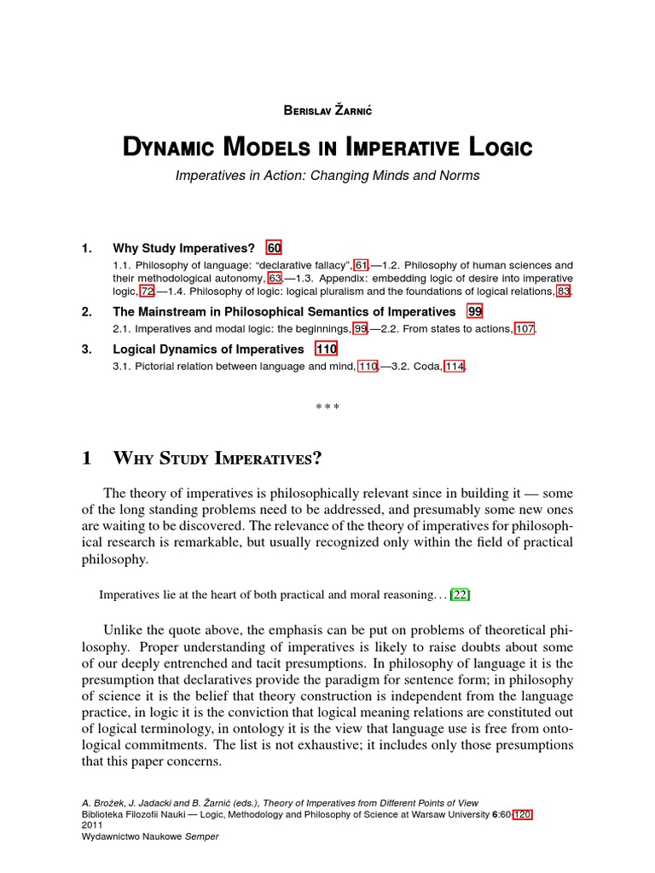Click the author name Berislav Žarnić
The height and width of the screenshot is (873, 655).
tap(327, 111)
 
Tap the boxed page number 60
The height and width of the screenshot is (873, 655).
tap(274, 248)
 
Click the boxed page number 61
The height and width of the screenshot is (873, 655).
tap(361, 265)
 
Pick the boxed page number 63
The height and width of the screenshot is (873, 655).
tap(275, 278)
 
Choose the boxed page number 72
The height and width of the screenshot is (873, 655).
tap(148, 291)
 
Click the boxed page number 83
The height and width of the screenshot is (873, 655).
tap(563, 291)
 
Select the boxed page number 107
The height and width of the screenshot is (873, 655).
tap(524, 328)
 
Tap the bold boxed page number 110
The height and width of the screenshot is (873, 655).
tap(327, 349)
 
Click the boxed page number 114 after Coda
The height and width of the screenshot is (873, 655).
tap(455, 366)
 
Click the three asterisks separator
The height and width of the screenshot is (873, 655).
tap(327, 407)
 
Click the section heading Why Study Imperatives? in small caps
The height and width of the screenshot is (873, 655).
tap(217, 458)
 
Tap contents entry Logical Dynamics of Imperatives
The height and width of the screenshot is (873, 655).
tap(208, 349)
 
